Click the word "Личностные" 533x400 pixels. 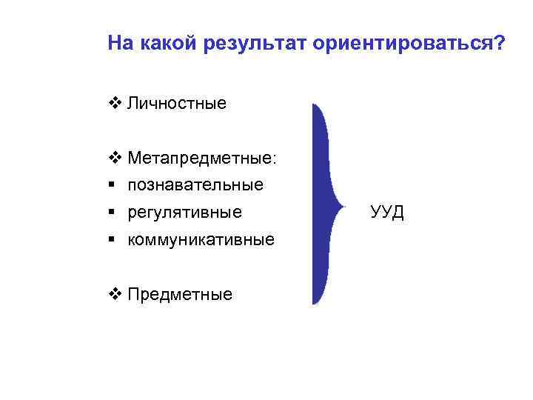(x=176, y=103)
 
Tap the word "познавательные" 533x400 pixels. (x=195, y=185)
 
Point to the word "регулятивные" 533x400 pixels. (x=184, y=213)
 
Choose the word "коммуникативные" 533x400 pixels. (x=201, y=240)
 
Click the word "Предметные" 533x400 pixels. (x=179, y=295)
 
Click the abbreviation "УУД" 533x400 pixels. (x=386, y=213)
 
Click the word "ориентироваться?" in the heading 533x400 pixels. (x=409, y=44)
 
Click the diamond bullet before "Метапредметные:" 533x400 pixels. (x=113, y=158)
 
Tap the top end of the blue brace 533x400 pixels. (x=315, y=105)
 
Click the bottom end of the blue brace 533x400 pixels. (x=314, y=303)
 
